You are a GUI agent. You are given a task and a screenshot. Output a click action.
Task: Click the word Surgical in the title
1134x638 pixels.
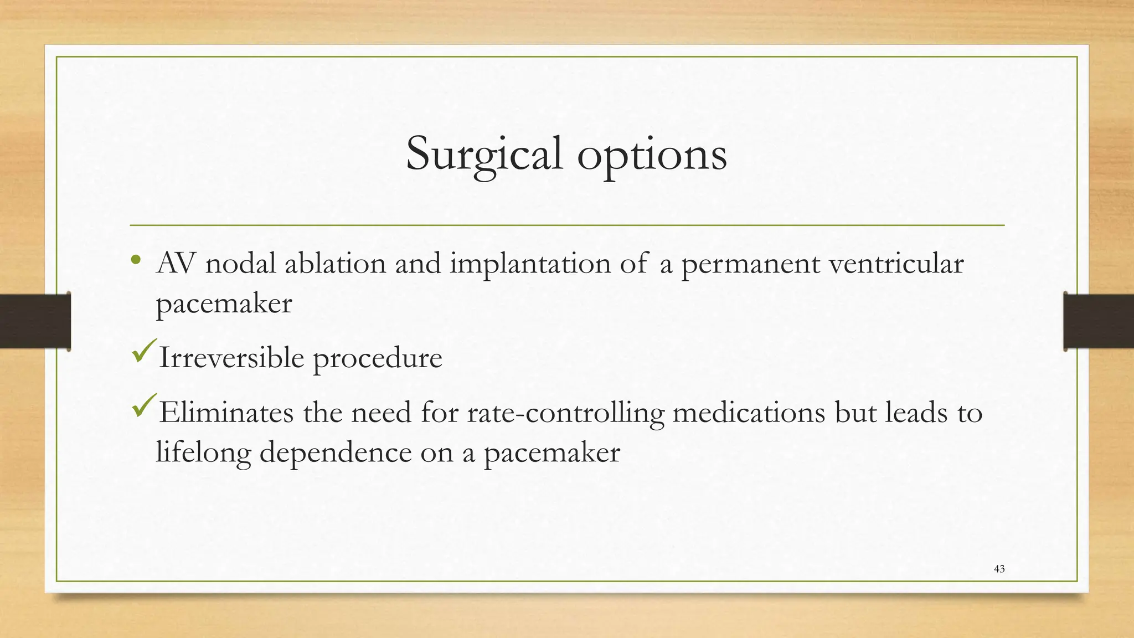[484, 155]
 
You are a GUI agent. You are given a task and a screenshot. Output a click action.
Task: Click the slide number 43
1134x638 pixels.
[999, 569]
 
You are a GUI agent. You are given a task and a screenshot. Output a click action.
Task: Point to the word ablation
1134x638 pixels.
[335, 263]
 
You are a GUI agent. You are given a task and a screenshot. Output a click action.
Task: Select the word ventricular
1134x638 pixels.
[896, 263]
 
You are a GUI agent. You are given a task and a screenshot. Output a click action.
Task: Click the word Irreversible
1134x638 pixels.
[231, 357]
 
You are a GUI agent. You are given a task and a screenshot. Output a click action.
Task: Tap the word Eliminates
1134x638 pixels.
[226, 413]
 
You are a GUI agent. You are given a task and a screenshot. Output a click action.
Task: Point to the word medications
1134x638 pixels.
[749, 413]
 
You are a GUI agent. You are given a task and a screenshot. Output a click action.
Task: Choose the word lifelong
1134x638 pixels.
[203, 453]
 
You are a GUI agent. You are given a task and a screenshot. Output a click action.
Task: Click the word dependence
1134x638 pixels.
[336, 453]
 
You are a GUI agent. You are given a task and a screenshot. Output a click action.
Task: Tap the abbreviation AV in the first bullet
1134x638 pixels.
[176, 263]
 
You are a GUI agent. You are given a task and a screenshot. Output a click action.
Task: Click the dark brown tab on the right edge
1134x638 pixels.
[1099, 321]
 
